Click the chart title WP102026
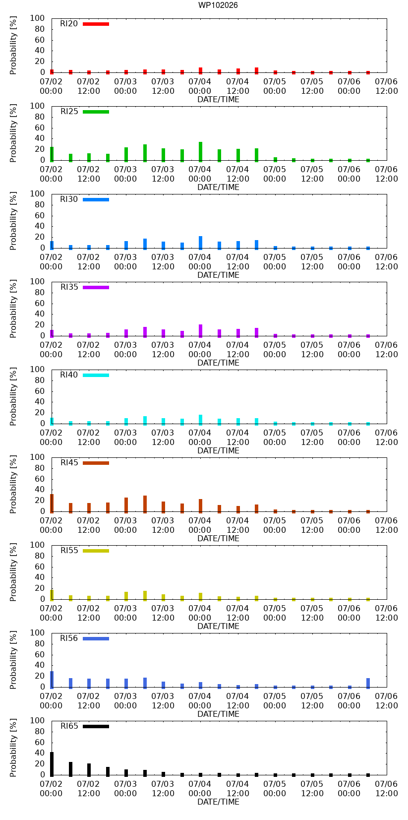click(x=218, y=5)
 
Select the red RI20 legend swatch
click(x=96, y=24)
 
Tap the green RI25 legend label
click(x=69, y=111)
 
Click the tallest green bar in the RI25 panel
click(x=200, y=152)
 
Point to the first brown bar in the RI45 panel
click(x=52, y=504)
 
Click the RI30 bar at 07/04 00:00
click(x=200, y=243)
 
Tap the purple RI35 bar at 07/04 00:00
click(x=200, y=331)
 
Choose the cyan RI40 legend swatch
click(x=96, y=375)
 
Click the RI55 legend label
click(x=69, y=550)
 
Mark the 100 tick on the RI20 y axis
click(x=37, y=18)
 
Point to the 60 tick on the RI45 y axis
click(x=40, y=479)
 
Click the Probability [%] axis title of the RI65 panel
click(x=13, y=748)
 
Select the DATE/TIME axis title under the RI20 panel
click(x=219, y=100)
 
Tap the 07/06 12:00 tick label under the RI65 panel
click(x=386, y=789)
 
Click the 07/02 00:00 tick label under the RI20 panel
click(x=51, y=86)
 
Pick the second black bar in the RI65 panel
click(x=70, y=769)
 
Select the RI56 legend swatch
click(x=96, y=639)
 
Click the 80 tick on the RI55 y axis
click(x=40, y=556)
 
